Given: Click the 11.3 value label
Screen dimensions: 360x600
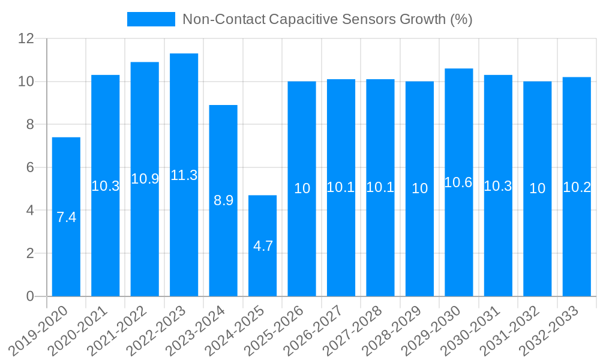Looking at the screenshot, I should pyautogui.click(x=184, y=175).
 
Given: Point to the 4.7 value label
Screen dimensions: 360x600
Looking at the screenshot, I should pyautogui.click(x=263, y=246).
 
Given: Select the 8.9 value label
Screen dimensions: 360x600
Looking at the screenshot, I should pyautogui.click(x=223, y=200).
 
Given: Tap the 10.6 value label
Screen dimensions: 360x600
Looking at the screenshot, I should pyautogui.click(x=459, y=182).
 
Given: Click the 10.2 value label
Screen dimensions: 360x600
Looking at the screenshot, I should pyautogui.click(x=577, y=187).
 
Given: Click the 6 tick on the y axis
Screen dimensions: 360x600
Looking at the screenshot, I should pyautogui.click(x=29, y=167).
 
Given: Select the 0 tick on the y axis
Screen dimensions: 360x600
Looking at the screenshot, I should pyautogui.click(x=29, y=296).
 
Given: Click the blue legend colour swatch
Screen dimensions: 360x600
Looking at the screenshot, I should pyautogui.click(x=151, y=19).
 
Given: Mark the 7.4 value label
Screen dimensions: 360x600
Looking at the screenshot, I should pyautogui.click(x=66, y=217).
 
